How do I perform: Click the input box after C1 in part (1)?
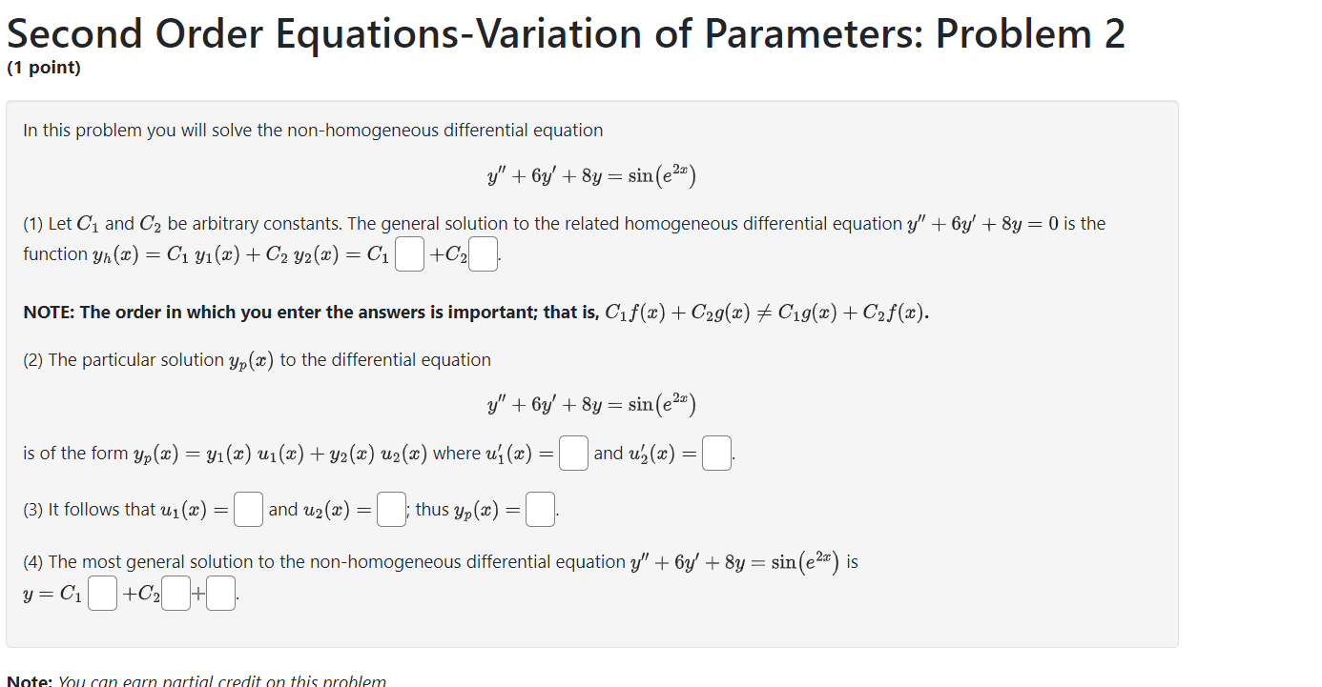click(409, 254)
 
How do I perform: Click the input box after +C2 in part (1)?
click(484, 254)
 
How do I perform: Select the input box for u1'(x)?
click(573, 454)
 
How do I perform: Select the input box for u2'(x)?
click(717, 454)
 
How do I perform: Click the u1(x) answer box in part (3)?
click(248, 510)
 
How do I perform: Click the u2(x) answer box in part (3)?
click(391, 510)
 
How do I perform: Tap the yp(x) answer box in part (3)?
click(541, 510)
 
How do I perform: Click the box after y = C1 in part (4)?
click(102, 596)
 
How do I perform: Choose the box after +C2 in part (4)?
click(176, 596)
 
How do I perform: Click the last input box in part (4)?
click(221, 596)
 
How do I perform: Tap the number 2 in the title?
click(1114, 34)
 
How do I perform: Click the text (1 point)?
click(44, 69)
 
